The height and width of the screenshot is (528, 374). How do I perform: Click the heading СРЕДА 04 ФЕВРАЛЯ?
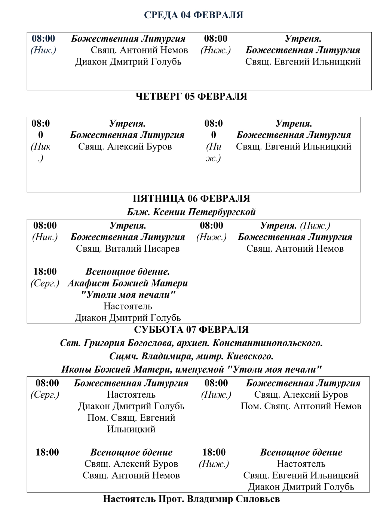(x=193, y=15)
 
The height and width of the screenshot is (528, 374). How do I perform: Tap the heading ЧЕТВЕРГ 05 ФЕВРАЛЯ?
(x=191, y=96)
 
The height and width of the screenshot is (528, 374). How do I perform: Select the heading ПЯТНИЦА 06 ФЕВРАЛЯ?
(x=191, y=198)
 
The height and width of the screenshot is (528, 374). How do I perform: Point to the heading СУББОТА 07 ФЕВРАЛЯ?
(x=191, y=329)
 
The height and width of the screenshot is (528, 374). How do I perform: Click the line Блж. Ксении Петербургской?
(x=191, y=212)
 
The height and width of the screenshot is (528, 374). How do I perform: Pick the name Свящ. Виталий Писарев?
(x=128, y=248)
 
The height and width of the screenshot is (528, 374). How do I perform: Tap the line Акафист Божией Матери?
(x=128, y=283)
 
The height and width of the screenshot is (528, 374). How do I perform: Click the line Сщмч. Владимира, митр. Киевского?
(x=191, y=356)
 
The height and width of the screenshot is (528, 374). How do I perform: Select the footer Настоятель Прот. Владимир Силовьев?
(x=191, y=499)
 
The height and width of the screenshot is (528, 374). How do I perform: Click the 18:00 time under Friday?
(x=45, y=271)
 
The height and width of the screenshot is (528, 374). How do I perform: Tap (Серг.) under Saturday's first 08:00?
(x=45, y=394)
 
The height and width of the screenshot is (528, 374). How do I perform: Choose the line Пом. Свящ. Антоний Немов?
(x=301, y=406)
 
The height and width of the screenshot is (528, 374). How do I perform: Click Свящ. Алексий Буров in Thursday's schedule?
(x=125, y=146)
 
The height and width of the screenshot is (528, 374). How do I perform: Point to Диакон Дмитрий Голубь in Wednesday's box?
(x=128, y=62)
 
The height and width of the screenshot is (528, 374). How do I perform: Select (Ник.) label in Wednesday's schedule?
(x=43, y=50)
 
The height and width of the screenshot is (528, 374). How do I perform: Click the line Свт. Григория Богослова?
(x=191, y=343)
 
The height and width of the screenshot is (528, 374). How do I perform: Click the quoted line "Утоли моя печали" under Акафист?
(x=128, y=295)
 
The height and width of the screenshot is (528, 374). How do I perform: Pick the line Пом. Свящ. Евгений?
(x=131, y=417)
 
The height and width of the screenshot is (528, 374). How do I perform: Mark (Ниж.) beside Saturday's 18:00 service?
(x=214, y=464)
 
